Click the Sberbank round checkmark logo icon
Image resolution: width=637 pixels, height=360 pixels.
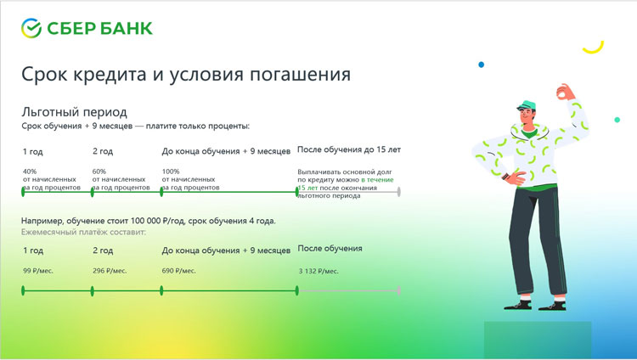31,28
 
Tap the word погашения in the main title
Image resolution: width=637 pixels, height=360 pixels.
300,75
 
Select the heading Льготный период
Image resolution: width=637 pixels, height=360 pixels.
75,112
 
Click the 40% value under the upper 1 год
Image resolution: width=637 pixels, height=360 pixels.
30,172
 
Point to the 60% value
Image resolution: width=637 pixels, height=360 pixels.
99,172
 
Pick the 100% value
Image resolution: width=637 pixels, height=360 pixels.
171,172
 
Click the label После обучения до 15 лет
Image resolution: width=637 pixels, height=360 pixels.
349,149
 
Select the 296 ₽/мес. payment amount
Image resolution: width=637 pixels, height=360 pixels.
110,271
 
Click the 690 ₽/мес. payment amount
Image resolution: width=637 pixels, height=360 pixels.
178,271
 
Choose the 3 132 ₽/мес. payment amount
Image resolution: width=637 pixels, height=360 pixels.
318,271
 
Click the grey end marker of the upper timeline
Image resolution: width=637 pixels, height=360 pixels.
399,192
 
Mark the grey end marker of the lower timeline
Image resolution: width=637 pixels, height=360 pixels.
399,290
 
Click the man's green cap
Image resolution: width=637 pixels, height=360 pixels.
527,105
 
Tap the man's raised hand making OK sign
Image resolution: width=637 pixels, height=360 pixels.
566,93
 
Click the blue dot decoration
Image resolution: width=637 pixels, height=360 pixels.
482,65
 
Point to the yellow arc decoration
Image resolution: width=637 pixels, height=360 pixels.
594,48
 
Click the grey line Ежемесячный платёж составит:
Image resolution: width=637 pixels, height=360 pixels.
83,232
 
